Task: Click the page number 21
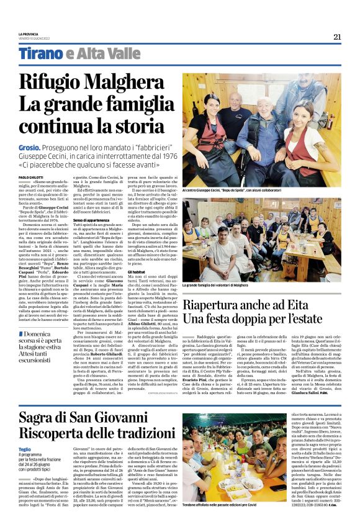[x=337, y=37]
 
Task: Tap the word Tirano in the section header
[x=38, y=54]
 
